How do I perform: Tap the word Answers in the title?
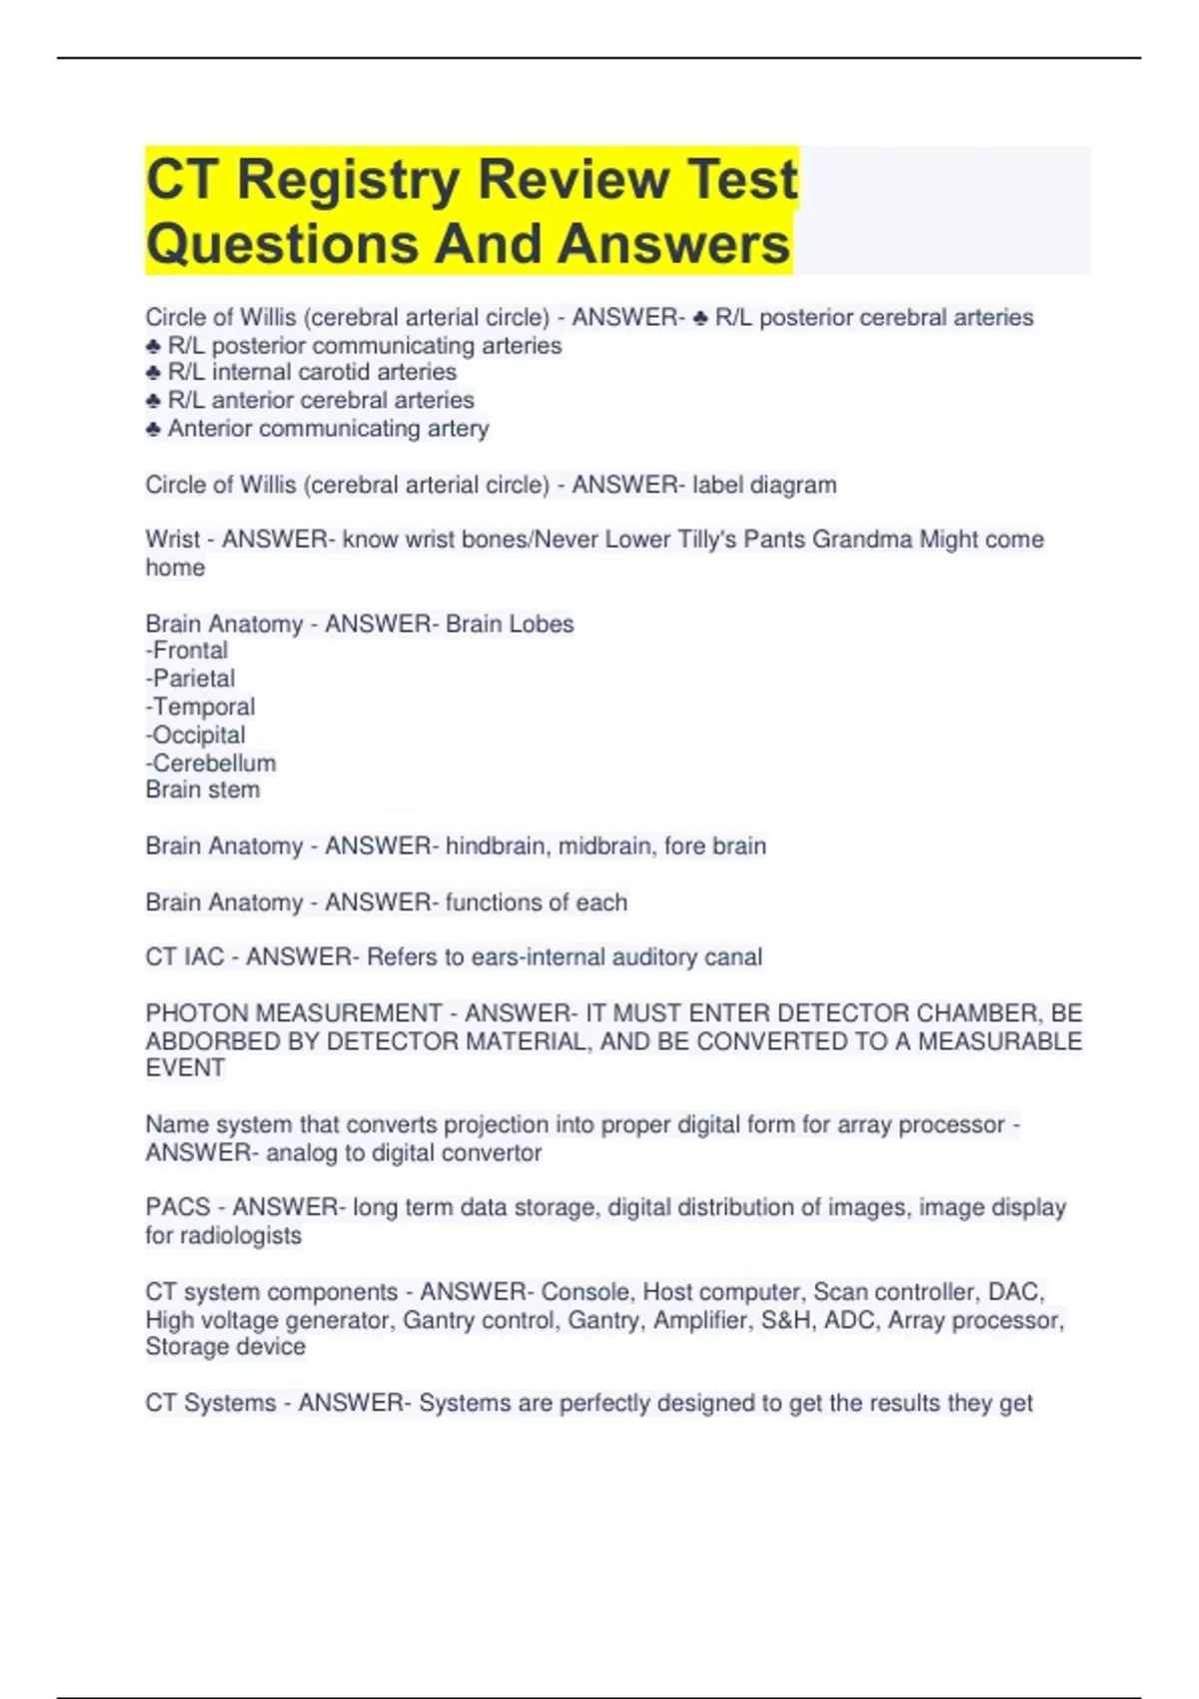point(675,245)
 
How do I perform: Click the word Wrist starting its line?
point(173,540)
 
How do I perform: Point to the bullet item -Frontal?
point(187,651)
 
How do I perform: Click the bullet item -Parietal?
point(191,679)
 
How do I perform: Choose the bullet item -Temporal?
point(201,707)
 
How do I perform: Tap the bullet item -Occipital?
point(196,736)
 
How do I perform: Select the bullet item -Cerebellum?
point(211,764)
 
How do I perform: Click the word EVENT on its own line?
point(185,1068)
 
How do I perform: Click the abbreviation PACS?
point(178,1207)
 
